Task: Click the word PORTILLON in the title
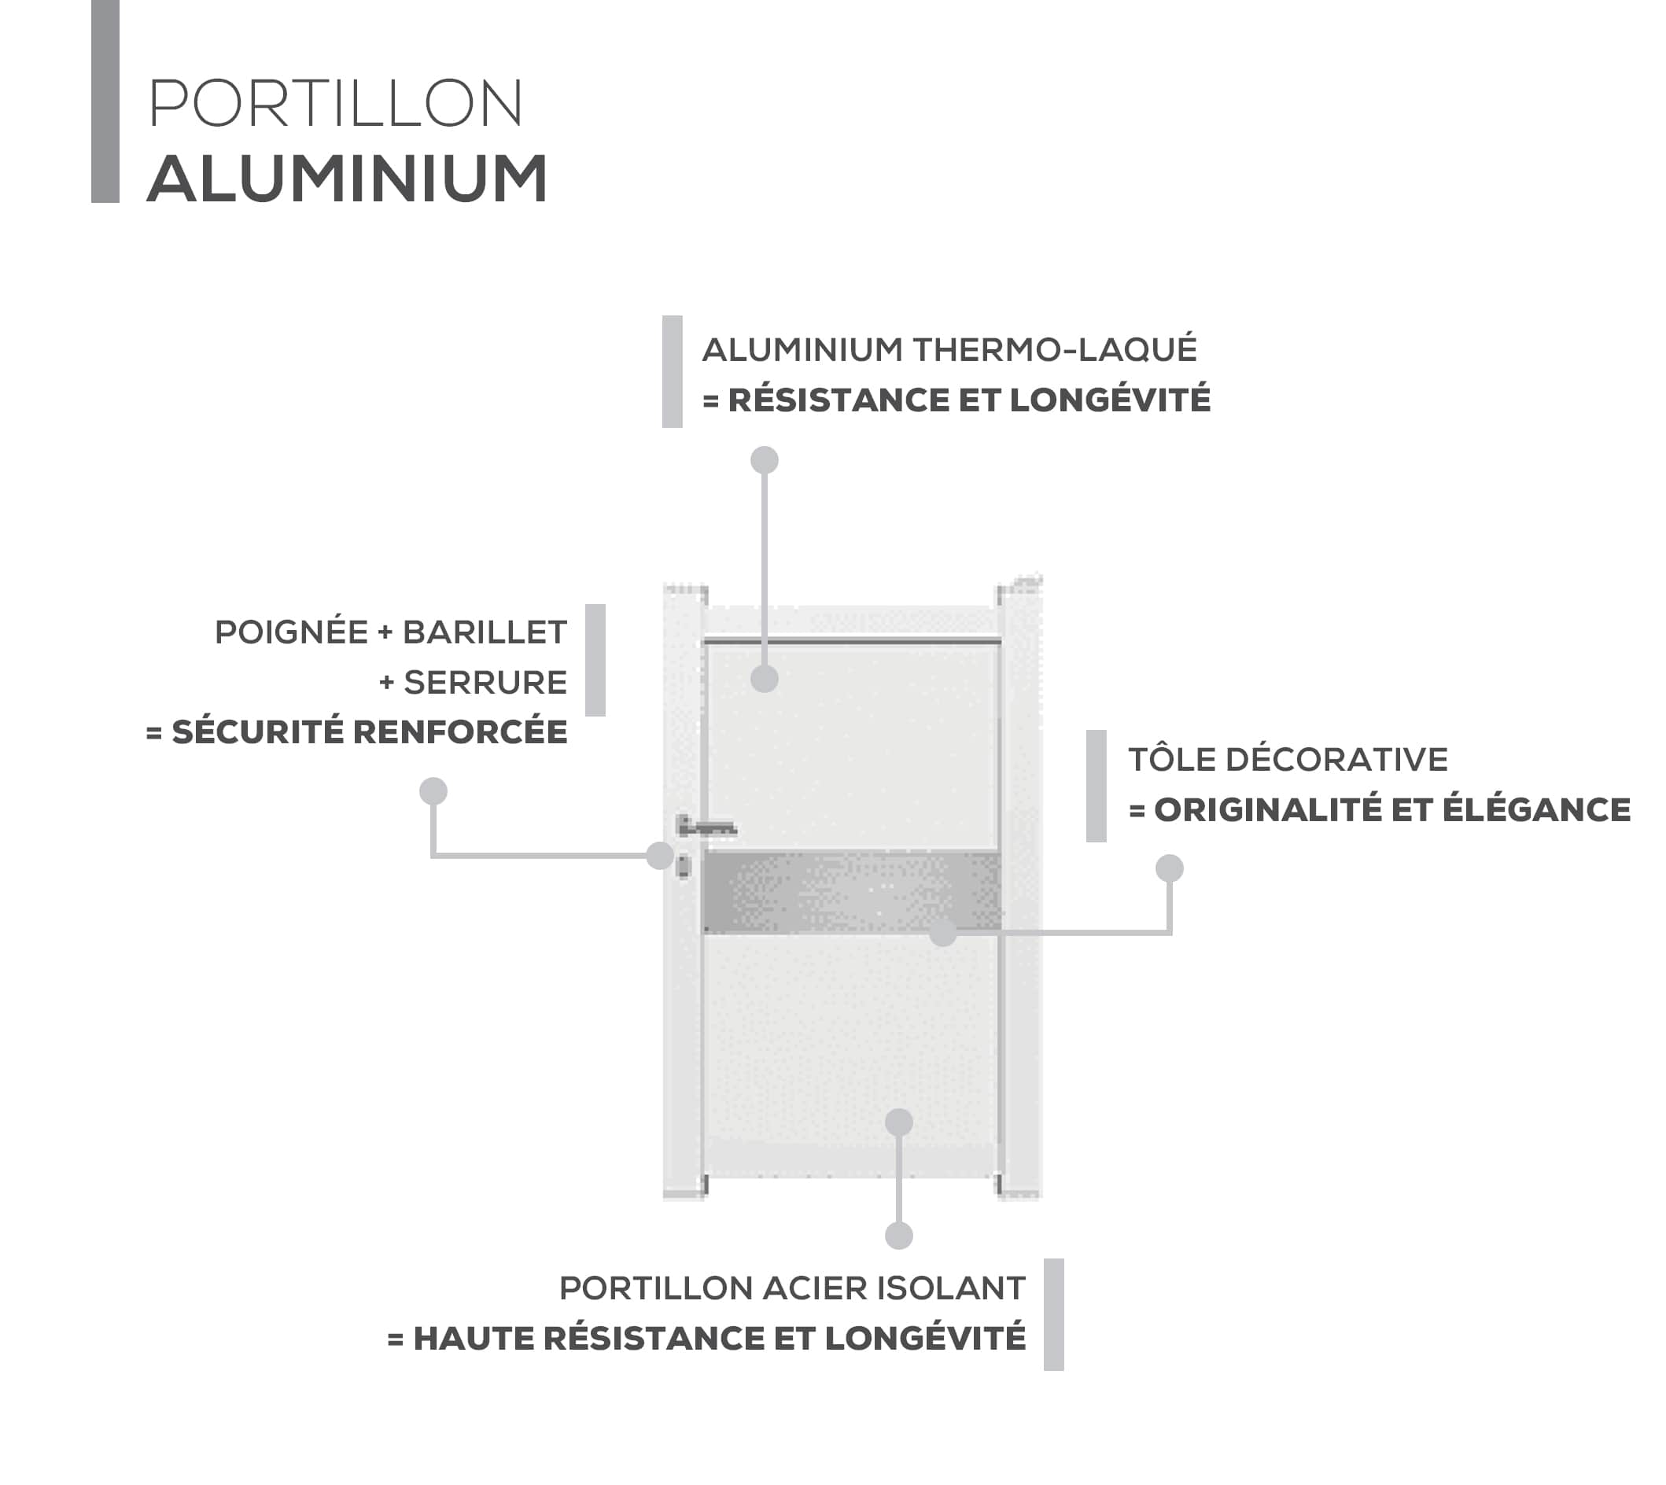(335, 104)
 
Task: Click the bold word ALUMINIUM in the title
(347, 179)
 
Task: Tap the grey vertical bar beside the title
(105, 101)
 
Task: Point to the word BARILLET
(485, 632)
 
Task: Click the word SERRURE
(485, 682)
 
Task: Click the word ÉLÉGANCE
(1536, 809)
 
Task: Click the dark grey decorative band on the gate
(852, 893)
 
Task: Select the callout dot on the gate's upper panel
(765, 678)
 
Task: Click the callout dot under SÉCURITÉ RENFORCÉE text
(433, 790)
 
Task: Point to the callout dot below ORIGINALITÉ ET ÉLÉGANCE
(1169, 868)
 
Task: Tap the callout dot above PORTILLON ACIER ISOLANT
(898, 1236)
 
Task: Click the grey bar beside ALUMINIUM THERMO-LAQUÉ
(673, 371)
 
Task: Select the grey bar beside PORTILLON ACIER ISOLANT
(1053, 1314)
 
